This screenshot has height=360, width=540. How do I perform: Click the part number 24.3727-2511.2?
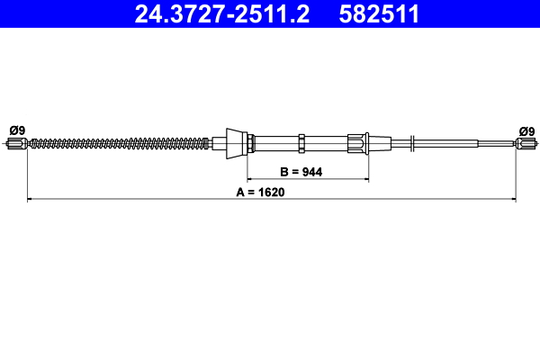coord(221,14)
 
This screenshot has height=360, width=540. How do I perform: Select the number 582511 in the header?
coord(379,14)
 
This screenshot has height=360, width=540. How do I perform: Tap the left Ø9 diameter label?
coord(17,130)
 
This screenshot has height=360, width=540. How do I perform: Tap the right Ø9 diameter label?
coord(526,131)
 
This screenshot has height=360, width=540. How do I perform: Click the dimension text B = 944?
coord(301,172)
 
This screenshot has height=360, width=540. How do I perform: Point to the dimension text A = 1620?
coord(260,192)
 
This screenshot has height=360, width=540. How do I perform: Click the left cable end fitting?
coord(16,143)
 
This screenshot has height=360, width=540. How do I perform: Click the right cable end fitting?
coord(526,143)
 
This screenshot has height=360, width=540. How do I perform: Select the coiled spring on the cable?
coord(117,143)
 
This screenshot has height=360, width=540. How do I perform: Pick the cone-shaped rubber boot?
coord(237,144)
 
